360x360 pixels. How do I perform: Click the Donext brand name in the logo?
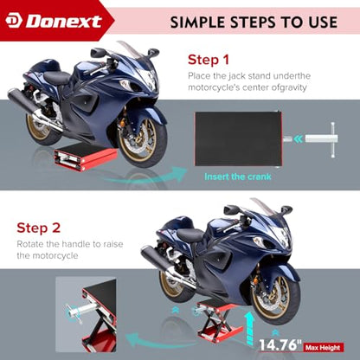click(65, 22)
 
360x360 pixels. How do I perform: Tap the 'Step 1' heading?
click(209, 60)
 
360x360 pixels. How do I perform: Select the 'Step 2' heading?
click(39, 228)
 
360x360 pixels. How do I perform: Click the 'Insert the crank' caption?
click(238, 177)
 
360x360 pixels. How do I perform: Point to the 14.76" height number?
click(280, 344)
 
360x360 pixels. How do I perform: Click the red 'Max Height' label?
click(323, 348)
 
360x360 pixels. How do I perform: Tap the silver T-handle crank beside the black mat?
click(320, 139)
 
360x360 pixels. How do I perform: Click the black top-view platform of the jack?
click(238, 139)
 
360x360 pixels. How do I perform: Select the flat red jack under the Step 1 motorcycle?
click(86, 157)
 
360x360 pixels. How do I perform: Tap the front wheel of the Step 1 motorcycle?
click(142, 138)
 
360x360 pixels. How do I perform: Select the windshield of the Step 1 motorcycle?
click(131, 49)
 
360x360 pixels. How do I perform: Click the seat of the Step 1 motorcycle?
click(56, 77)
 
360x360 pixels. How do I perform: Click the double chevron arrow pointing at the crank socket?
click(298, 139)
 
